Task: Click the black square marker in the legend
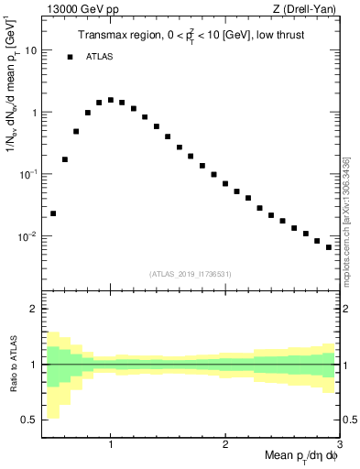[x=70, y=57]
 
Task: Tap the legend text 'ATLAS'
[x=101, y=57]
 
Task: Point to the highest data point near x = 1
[x=111, y=100]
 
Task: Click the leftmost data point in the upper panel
[x=53, y=213]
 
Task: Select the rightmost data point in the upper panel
[x=329, y=247]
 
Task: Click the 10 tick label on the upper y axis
[x=31, y=50]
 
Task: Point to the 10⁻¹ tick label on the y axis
[x=29, y=173]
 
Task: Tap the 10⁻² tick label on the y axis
[x=29, y=235]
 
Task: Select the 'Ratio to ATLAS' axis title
[x=12, y=364]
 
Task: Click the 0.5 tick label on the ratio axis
[x=29, y=420]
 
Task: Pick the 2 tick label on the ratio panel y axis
[x=34, y=309]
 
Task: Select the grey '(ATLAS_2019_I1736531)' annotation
[x=191, y=274]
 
